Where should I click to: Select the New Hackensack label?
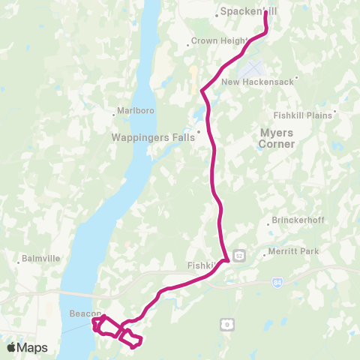pos(261,82)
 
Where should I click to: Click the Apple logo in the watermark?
pos(12,347)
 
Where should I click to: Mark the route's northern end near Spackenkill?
pos(266,12)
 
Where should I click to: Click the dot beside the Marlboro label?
pos(114,115)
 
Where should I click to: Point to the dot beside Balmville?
pos(18,262)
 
